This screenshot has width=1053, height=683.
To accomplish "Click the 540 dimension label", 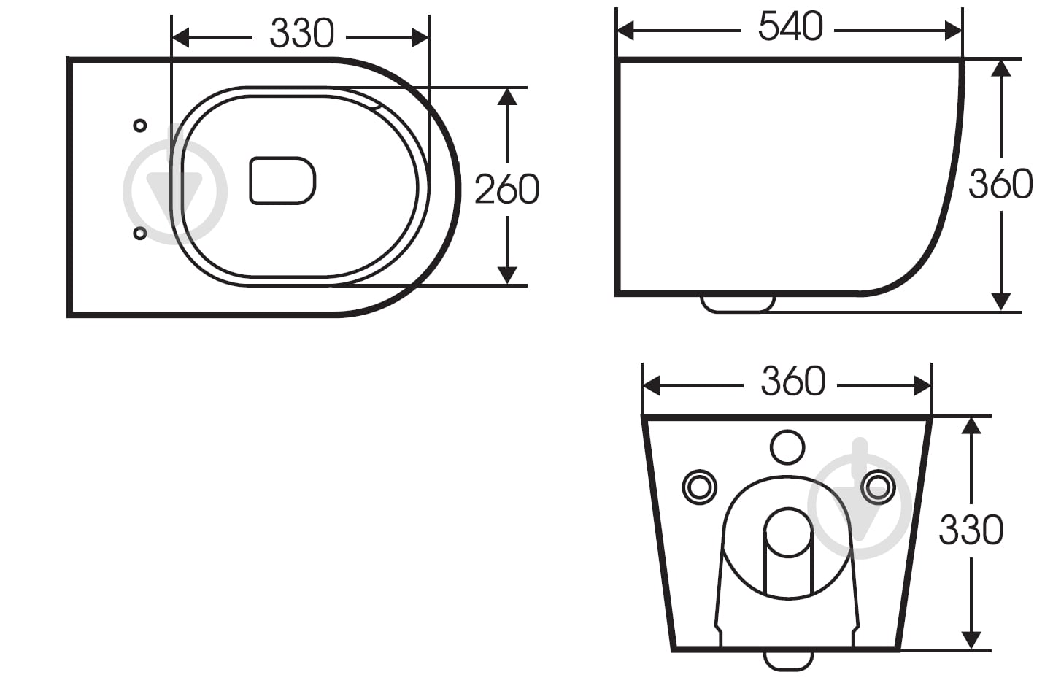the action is [790, 27].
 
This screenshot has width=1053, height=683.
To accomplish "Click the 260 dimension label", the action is [506, 189].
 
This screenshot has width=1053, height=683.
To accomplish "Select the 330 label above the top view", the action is [302, 34].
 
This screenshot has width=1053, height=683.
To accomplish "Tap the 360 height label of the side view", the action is [1000, 184].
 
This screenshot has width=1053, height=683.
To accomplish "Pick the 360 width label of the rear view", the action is [793, 381].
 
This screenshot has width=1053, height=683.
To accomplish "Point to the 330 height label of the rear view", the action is [971, 530].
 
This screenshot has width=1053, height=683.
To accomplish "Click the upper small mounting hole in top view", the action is [139, 126].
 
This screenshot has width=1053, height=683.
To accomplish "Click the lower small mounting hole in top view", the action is [139, 234].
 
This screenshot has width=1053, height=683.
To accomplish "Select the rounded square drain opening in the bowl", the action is [282, 181].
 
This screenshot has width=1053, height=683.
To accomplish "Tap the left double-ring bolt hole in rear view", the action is [700, 487].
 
